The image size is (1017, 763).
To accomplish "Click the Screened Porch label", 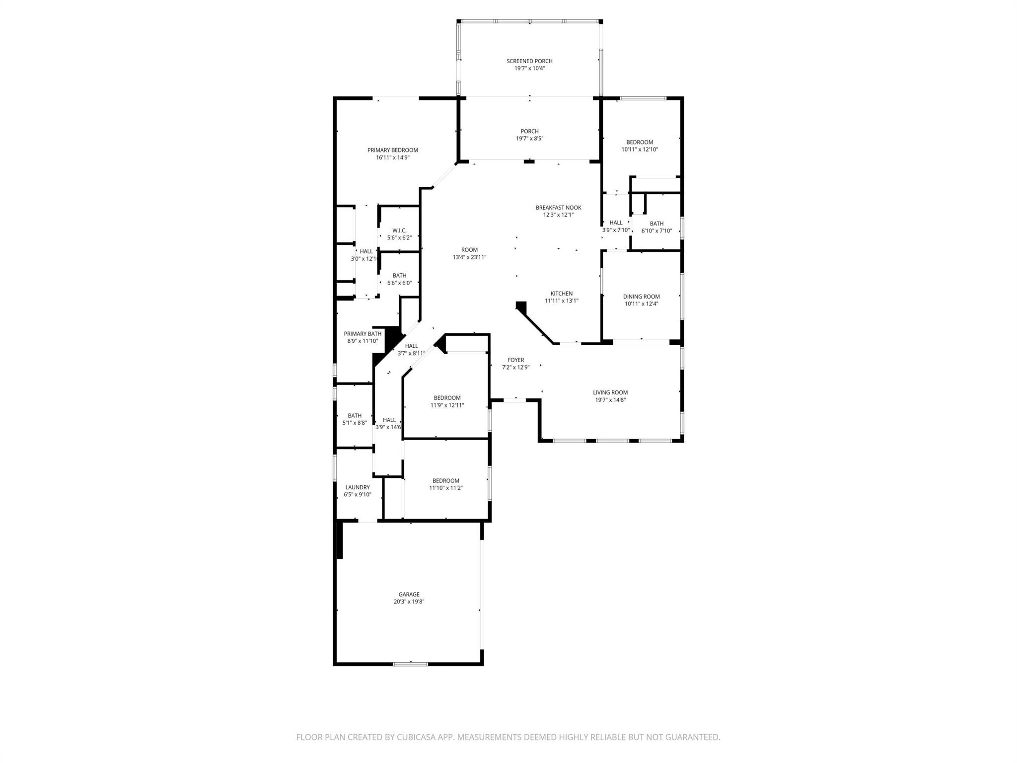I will (x=529, y=61).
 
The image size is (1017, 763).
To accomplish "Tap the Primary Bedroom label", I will (x=392, y=150).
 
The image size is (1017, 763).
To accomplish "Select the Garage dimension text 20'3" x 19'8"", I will (x=409, y=602).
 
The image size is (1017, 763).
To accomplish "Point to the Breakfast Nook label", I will (x=558, y=208).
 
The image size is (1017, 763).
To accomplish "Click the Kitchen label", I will (x=561, y=294).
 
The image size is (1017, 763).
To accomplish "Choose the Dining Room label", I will (x=641, y=297).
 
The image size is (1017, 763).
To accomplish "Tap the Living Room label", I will (x=610, y=392).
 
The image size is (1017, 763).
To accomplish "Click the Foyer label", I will (x=515, y=360).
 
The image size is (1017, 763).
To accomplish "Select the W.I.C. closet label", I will (x=399, y=230).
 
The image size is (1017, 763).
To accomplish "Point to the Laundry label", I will (x=357, y=487).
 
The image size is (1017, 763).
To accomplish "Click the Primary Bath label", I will (x=363, y=334).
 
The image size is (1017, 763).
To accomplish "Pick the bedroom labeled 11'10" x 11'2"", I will (x=445, y=484).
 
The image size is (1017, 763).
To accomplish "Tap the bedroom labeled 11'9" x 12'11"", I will (x=447, y=401).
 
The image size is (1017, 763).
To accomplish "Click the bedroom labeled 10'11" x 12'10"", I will (x=640, y=146).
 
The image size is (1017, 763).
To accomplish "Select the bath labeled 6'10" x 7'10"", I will (x=656, y=227).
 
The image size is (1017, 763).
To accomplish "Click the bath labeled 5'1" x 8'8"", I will (x=355, y=419).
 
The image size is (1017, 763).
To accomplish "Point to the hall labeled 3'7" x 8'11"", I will (x=411, y=350).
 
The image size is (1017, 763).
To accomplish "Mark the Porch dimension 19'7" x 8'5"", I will (x=529, y=139).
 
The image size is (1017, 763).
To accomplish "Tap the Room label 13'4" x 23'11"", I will (x=469, y=253).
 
